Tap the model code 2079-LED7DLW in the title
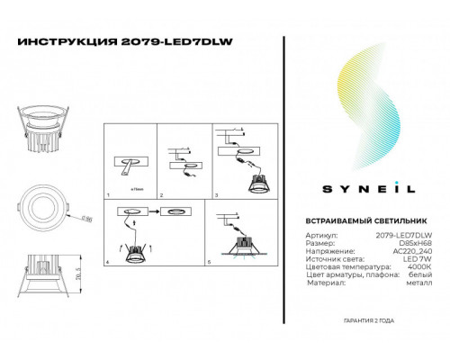(x=148, y=41)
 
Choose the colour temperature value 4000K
(x=420, y=268)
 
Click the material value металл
(x=419, y=284)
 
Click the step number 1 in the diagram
(x=108, y=194)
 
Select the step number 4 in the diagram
(x=108, y=261)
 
